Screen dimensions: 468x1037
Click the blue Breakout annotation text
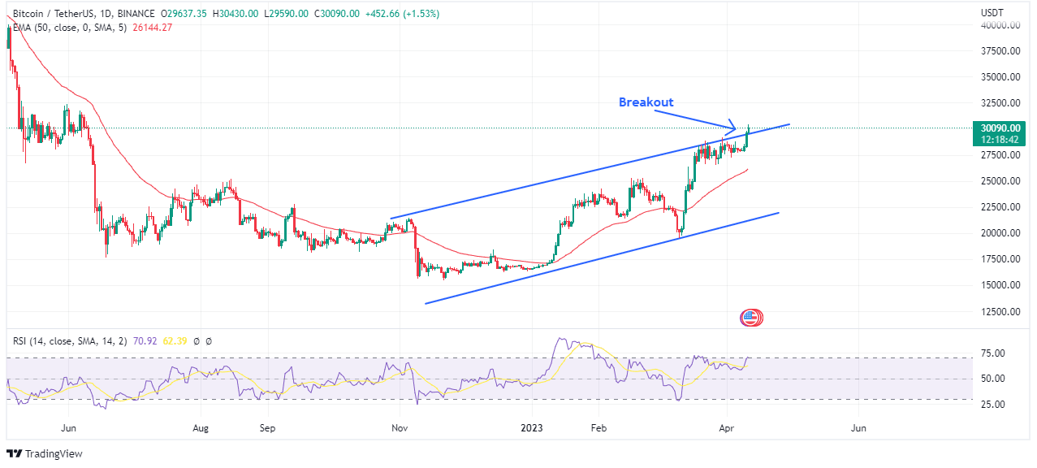click(x=646, y=102)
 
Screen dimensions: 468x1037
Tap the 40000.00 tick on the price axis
click(x=1000, y=25)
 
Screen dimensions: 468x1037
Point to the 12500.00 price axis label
click(x=1000, y=311)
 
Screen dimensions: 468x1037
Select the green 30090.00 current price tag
click(x=1000, y=128)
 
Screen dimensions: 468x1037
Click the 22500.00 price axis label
click(x=1000, y=207)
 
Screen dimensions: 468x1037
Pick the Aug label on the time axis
click(x=201, y=427)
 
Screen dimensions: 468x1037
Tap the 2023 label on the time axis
click(x=532, y=427)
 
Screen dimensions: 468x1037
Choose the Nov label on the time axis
click(x=399, y=427)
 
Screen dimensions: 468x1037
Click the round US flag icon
click(x=751, y=318)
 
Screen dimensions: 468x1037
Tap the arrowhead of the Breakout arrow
click(x=732, y=128)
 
